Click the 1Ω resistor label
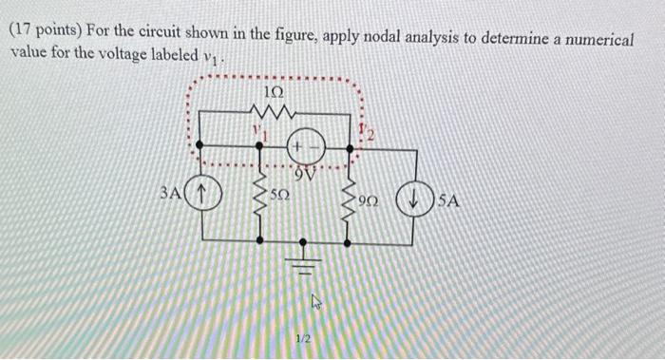coord(274,92)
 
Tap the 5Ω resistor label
coord(280,195)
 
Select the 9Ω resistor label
coord(368,200)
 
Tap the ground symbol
coord(302,258)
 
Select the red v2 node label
coord(367,132)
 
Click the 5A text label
coord(448,200)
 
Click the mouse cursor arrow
coord(316,301)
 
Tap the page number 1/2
coord(303,338)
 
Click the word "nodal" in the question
coord(379,37)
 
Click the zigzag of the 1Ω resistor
coord(273,111)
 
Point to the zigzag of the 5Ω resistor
coord(260,197)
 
